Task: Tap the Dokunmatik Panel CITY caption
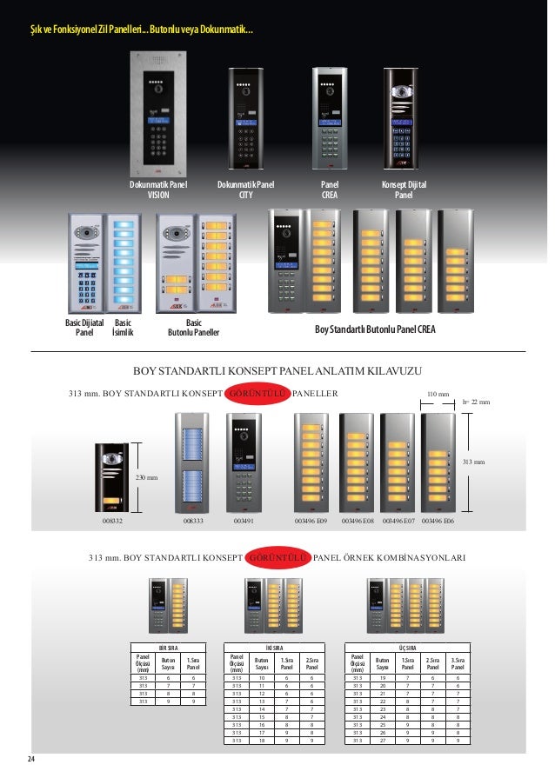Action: [x=245, y=190]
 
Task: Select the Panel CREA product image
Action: [x=331, y=116]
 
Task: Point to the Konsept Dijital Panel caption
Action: [x=404, y=190]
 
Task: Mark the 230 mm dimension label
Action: [x=144, y=477]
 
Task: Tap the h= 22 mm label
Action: [x=476, y=402]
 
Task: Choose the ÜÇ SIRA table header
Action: [x=406, y=647]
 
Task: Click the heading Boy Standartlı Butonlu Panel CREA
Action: [x=375, y=330]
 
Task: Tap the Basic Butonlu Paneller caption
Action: [x=193, y=327]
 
